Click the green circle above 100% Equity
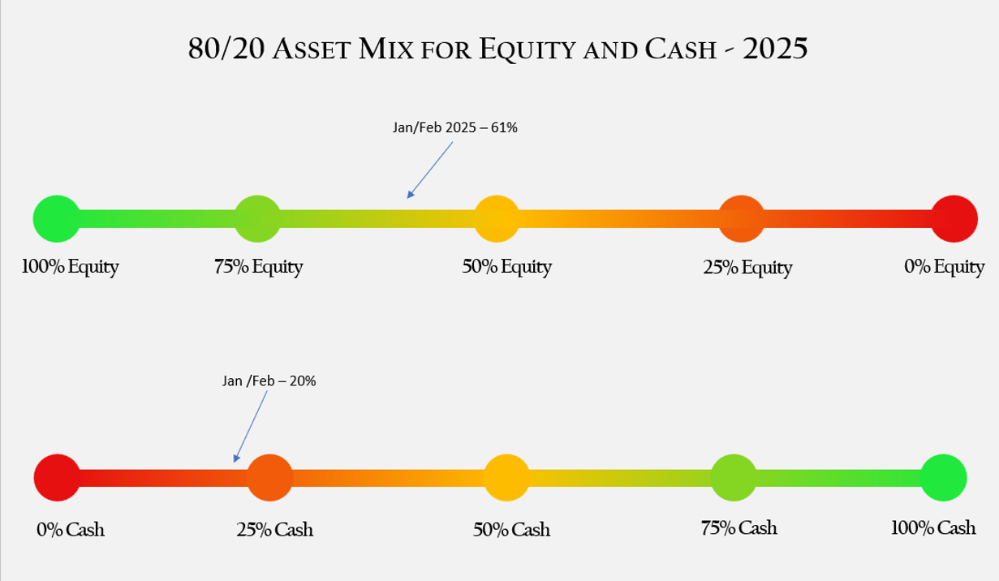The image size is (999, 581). (56, 218)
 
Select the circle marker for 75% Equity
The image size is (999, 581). (257, 218)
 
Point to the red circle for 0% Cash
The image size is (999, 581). (57, 477)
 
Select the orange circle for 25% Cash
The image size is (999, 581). (269, 477)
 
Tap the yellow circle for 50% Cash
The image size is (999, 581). (507, 477)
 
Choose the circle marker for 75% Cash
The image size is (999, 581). (734, 477)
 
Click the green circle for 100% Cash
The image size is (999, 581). (944, 477)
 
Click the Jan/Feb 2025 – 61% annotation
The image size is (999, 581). (454, 128)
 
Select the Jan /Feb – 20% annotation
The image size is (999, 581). (269, 380)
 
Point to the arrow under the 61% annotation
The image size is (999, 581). (430, 170)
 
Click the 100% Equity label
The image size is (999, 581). (70, 267)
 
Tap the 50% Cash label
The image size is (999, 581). (511, 530)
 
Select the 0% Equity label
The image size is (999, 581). (944, 267)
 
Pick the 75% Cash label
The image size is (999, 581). (738, 528)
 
